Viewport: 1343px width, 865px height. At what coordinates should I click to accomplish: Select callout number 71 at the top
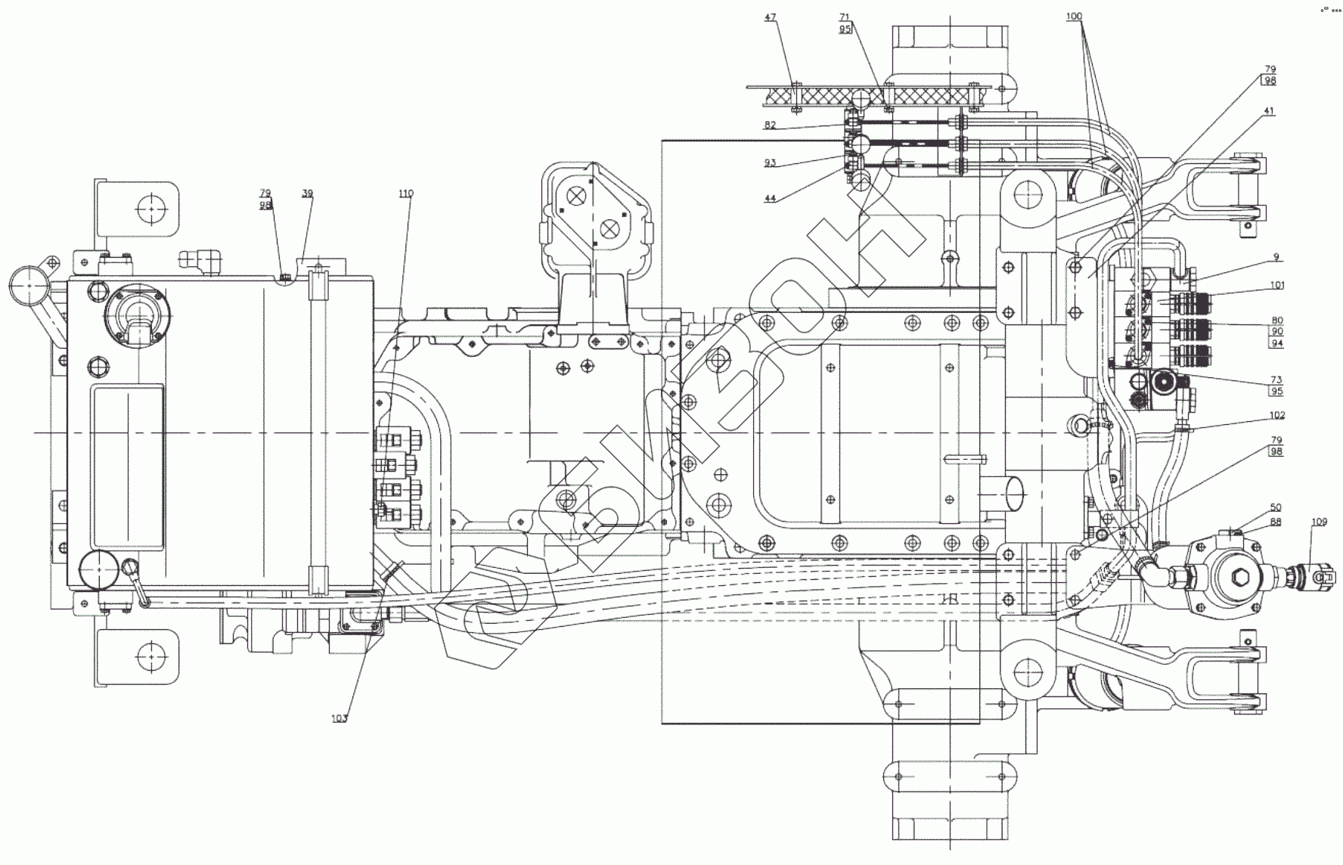click(x=845, y=17)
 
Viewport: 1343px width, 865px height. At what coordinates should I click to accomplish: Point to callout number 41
click(x=1269, y=111)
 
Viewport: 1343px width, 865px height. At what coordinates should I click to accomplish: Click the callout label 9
click(x=1276, y=258)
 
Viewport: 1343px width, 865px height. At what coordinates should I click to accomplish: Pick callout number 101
click(x=1277, y=286)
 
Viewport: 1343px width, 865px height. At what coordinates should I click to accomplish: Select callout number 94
click(x=1276, y=343)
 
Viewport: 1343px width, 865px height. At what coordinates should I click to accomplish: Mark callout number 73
click(x=1276, y=380)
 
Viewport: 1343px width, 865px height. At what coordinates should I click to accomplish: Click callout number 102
click(x=1277, y=415)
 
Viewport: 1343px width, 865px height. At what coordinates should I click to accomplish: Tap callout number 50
click(x=1276, y=508)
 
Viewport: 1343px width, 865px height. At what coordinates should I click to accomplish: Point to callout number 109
click(x=1320, y=521)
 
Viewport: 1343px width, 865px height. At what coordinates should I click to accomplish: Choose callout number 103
click(x=340, y=718)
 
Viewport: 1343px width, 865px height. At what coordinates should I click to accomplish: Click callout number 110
click(x=406, y=194)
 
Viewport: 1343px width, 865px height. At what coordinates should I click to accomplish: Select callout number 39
click(x=307, y=194)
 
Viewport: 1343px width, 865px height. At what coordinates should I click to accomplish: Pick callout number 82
click(x=770, y=126)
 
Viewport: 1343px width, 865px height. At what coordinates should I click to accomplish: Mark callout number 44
click(x=770, y=198)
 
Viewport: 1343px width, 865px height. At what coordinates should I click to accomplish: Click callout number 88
click(x=1276, y=521)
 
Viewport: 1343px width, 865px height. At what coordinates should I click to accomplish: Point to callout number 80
click(x=1276, y=321)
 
